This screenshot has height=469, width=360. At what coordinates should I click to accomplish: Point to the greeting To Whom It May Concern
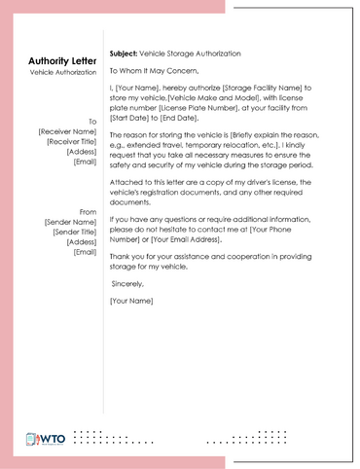click(x=154, y=69)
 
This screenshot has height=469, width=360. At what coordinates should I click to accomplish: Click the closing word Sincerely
click(x=127, y=283)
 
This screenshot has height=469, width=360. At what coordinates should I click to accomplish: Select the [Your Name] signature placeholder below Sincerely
click(x=131, y=301)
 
